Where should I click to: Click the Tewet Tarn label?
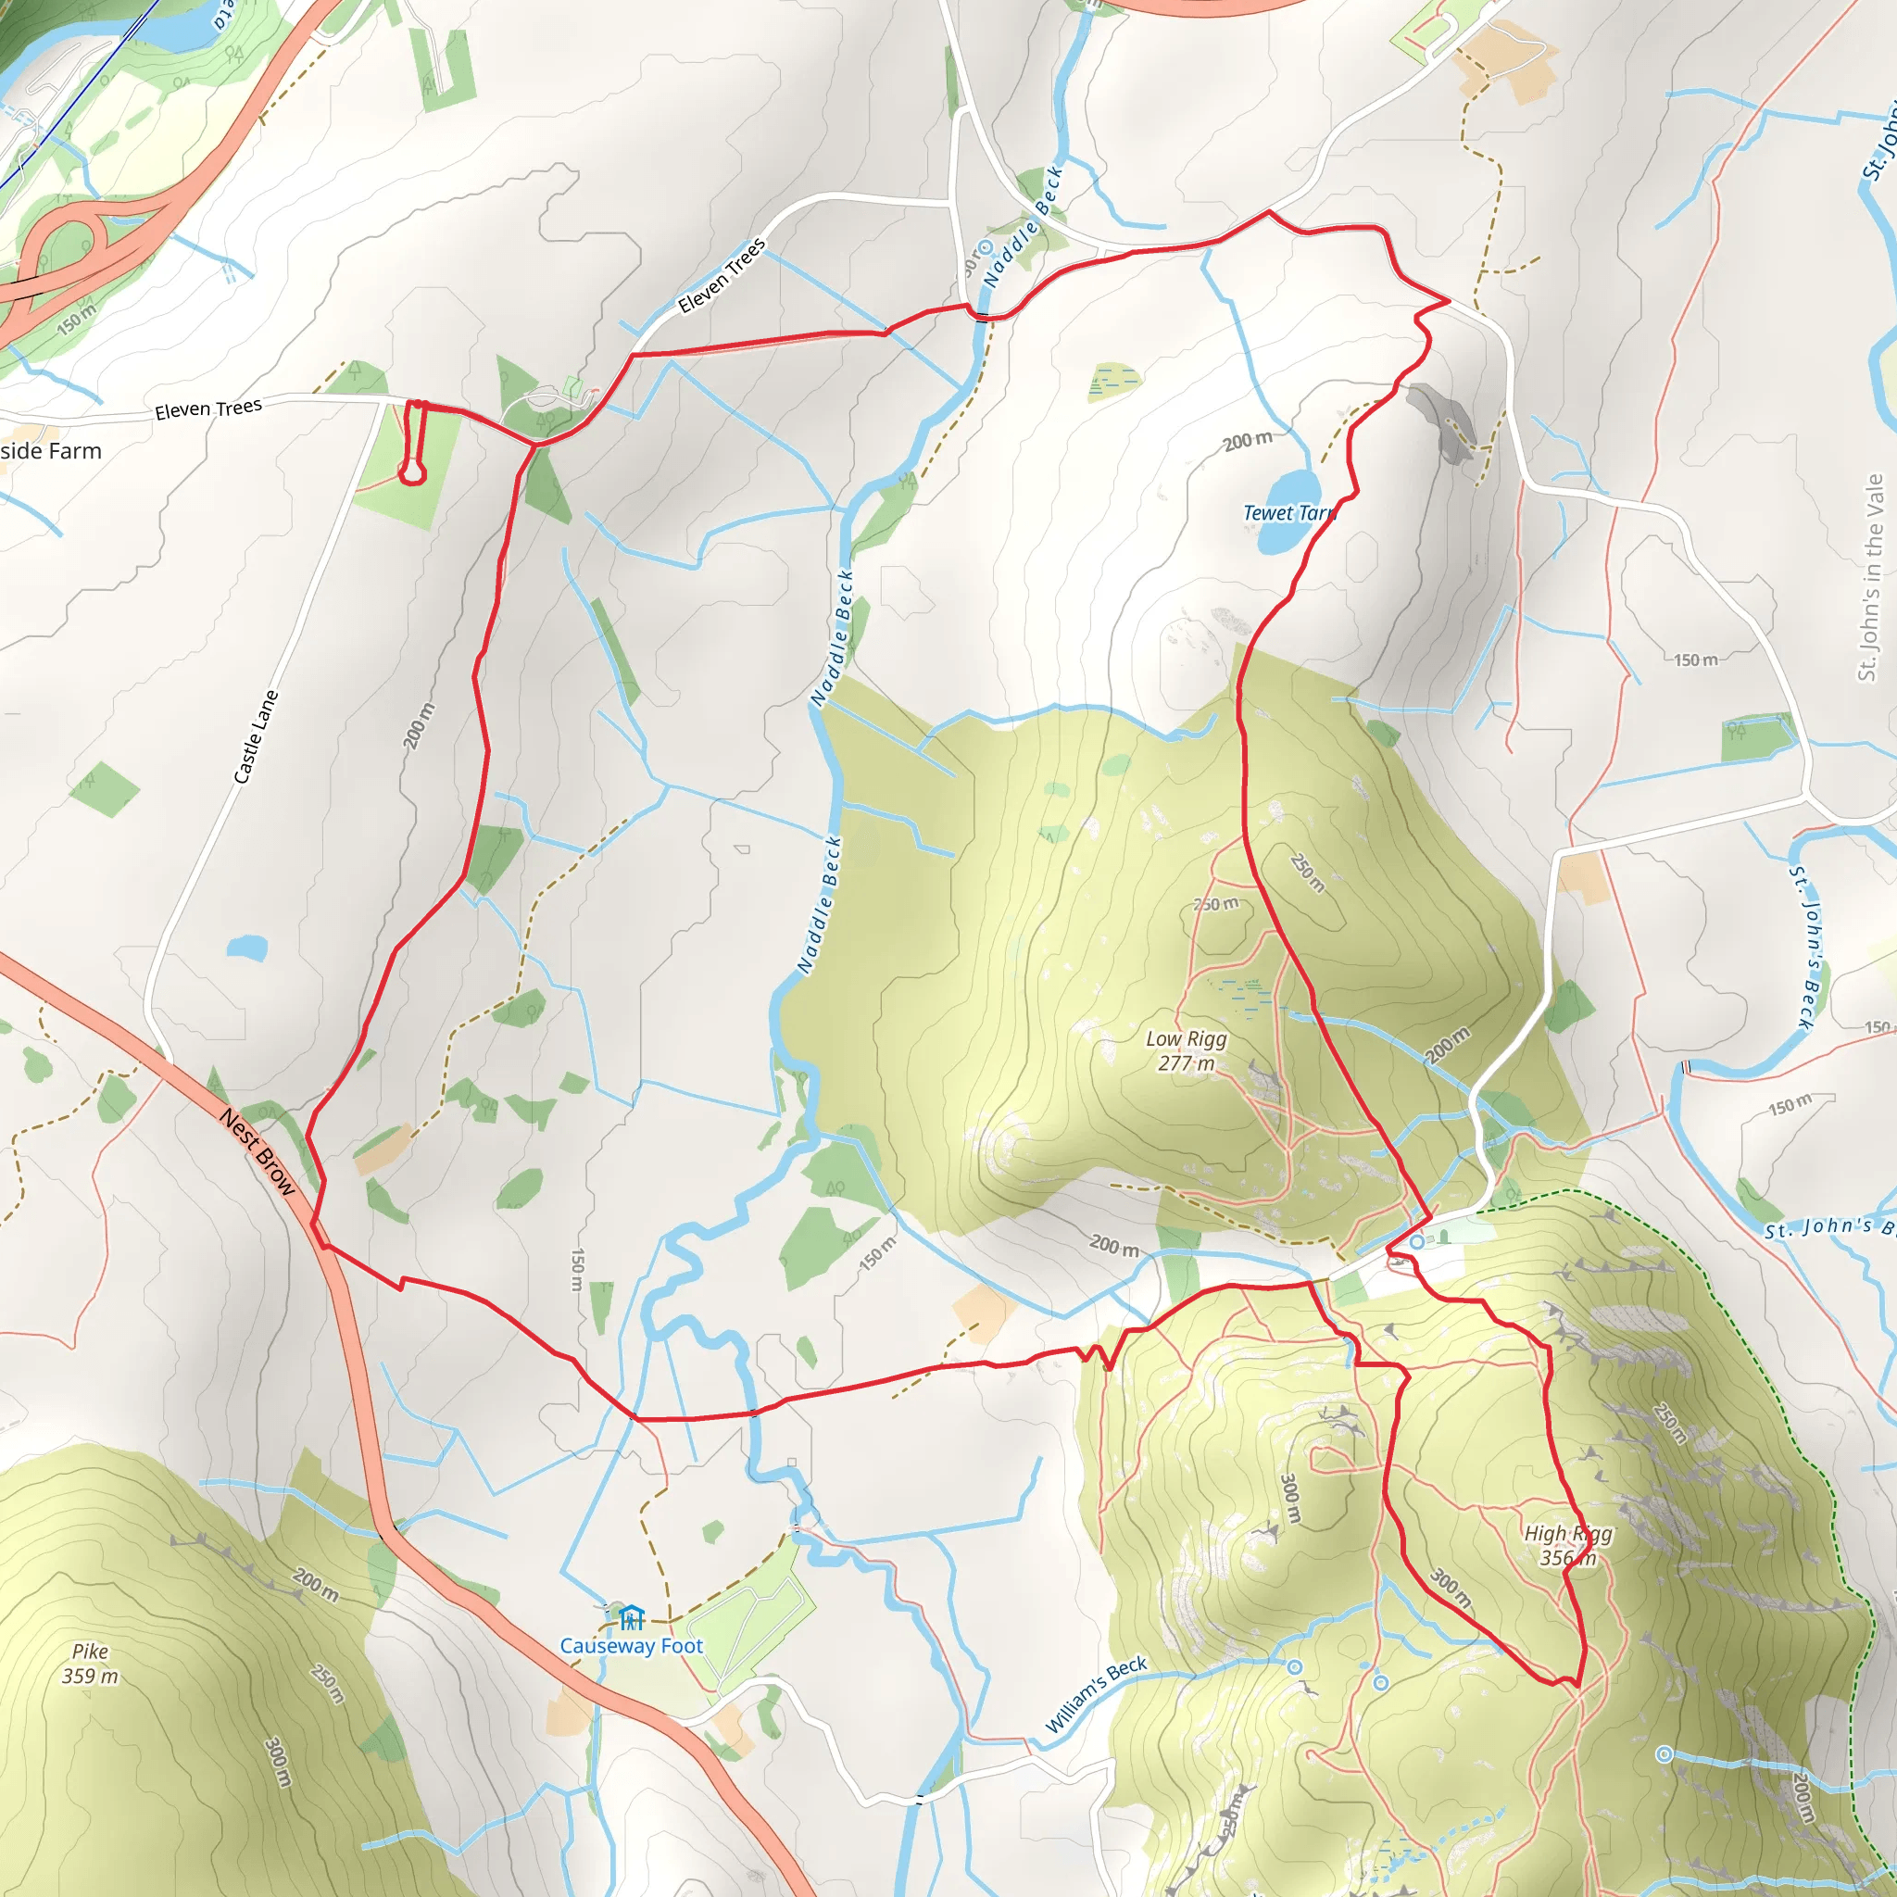coord(1288,512)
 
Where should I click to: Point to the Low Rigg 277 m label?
coord(1187,1050)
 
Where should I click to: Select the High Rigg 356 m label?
coord(1568,1546)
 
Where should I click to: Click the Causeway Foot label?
coord(632,1646)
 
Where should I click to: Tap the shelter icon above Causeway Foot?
coord(632,1616)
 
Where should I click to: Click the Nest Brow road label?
coord(258,1151)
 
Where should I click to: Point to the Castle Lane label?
coord(257,736)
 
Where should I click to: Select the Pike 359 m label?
coord(91,1664)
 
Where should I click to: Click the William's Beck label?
coord(1095,1694)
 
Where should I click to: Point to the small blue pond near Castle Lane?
coord(246,948)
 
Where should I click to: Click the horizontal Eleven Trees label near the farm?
coord(208,408)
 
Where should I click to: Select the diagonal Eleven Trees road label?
coord(722,276)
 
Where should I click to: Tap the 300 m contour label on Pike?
coord(279,1763)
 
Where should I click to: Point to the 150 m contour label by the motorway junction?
coord(77,320)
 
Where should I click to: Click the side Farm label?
coord(51,451)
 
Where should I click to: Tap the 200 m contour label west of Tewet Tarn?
coord(1247,441)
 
